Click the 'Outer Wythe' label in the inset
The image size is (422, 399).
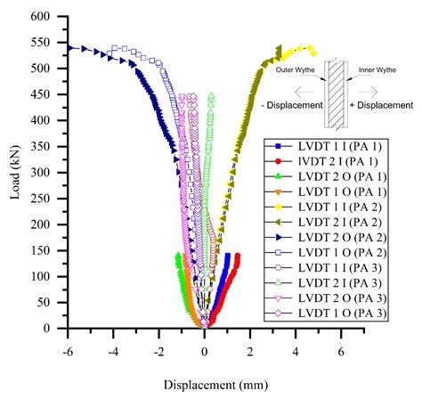(298, 68)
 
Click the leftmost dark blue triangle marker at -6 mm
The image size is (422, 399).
(69, 48)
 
